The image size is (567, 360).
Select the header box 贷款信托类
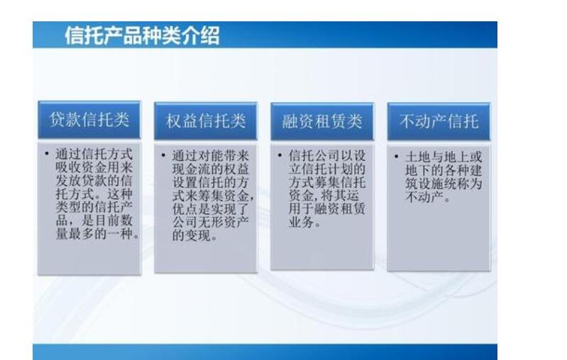tap(89, 119)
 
